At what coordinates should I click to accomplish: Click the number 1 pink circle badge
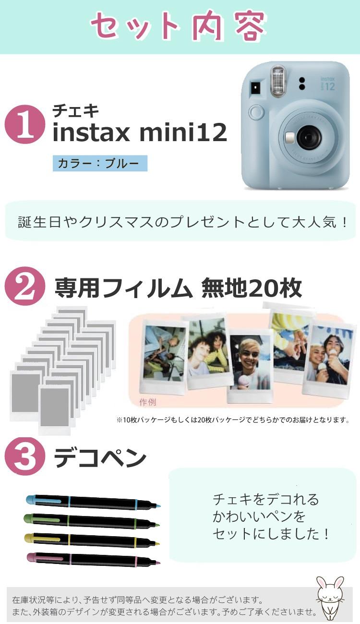24,124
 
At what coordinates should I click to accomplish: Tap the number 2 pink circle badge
24,286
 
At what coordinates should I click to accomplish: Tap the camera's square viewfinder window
254,88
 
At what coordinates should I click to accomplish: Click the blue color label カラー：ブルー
100,163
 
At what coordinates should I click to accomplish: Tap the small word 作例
147,402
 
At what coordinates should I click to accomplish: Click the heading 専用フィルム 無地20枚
178,288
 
